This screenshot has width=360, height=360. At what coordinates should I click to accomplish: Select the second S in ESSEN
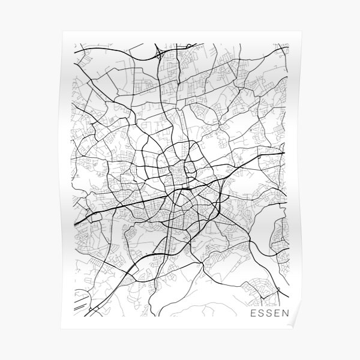pos(269,329)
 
